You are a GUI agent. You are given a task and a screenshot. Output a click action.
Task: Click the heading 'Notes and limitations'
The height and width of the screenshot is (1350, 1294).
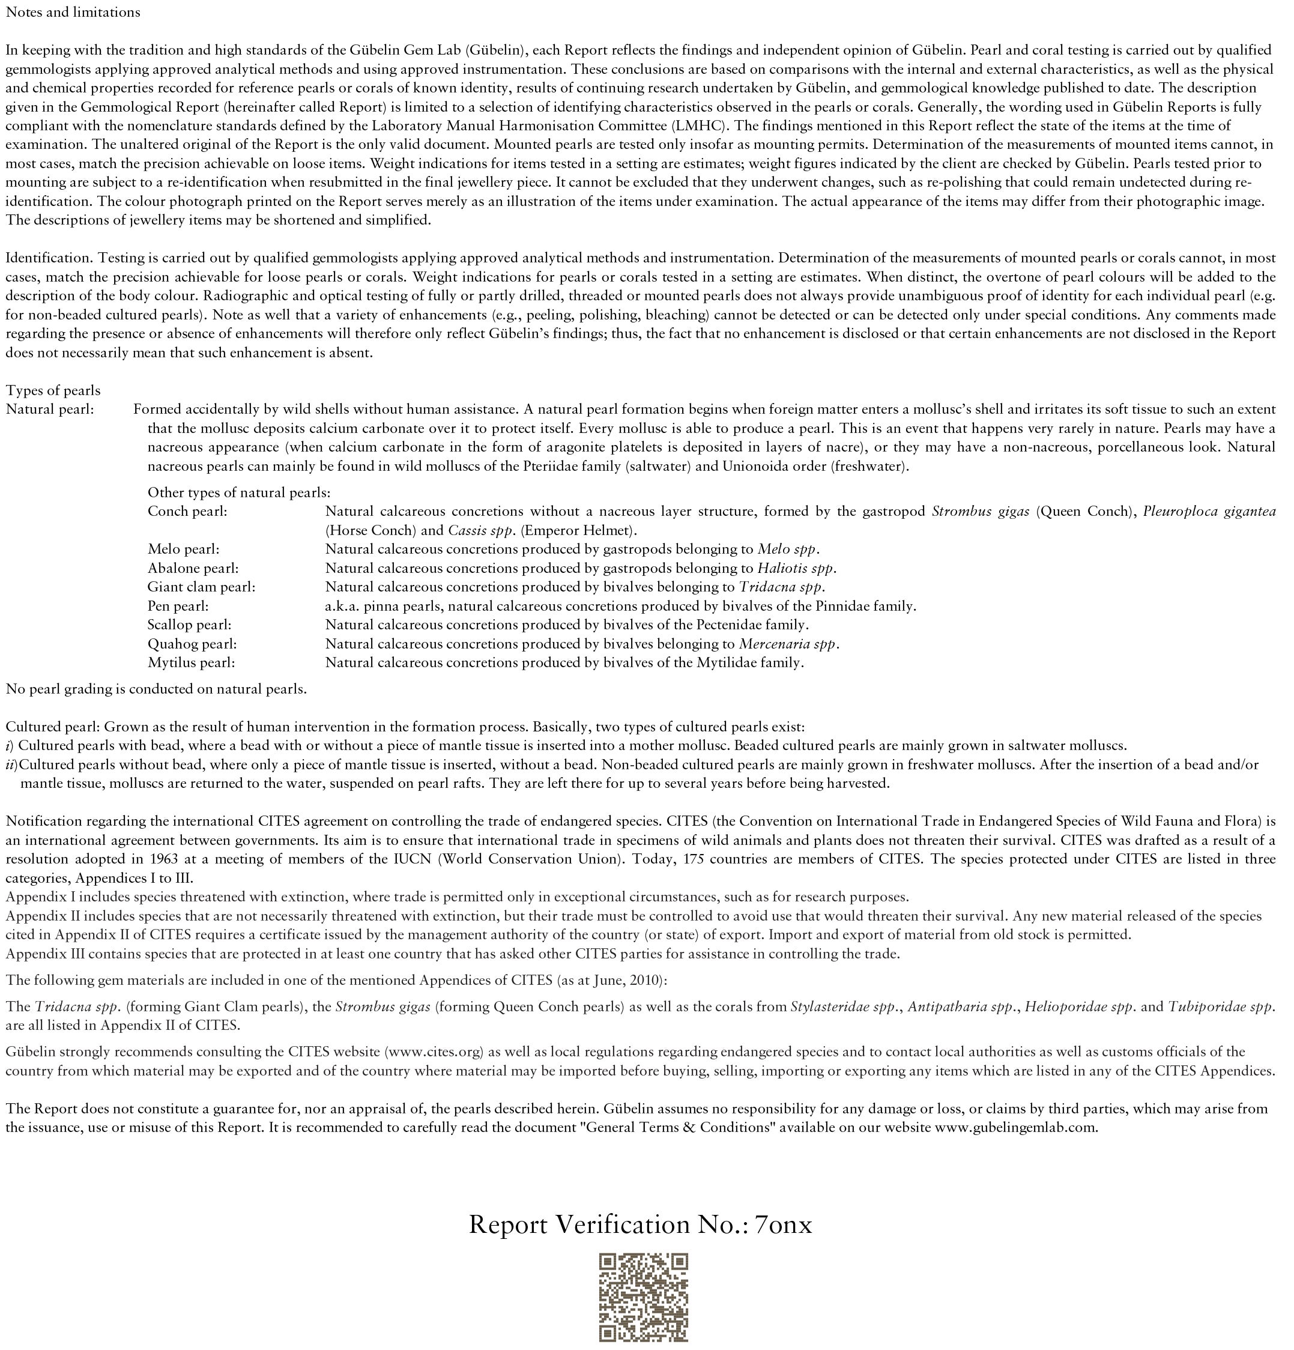coord(73,13)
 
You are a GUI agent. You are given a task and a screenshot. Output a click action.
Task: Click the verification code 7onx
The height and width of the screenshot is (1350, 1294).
coord(784,1224)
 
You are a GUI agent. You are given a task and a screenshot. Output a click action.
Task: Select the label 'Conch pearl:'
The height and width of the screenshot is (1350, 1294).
coord(187,512)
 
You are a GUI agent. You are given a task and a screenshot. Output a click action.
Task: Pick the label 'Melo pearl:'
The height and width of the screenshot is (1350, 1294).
coord(183,549)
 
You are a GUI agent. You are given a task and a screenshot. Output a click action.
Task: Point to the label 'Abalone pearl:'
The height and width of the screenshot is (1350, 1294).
coord(193,568)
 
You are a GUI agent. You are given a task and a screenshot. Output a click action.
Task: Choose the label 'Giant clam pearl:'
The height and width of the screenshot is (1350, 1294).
coord(201,587)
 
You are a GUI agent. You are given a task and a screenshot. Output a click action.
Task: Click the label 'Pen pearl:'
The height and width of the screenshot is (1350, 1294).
coord(178,606)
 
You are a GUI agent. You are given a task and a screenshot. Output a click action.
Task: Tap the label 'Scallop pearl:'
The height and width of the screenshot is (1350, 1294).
coord(189,625)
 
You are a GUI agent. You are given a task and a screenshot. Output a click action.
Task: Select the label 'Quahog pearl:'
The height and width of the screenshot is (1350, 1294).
coord(192,644)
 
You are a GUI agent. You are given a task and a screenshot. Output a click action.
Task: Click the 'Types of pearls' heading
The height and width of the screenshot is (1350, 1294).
coord(53,390)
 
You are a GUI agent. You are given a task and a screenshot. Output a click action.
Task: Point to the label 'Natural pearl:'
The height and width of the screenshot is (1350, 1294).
coord(50,410)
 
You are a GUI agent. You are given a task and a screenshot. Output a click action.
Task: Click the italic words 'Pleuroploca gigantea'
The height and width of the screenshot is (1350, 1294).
coord(1209,512)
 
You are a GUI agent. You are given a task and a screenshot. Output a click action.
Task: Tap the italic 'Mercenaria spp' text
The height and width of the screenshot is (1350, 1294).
coord(788,644)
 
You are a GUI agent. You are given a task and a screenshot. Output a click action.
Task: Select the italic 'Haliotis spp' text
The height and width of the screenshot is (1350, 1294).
coord(796,568)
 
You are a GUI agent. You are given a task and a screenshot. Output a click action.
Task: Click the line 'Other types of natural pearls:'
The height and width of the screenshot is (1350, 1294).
coord(239,492)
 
